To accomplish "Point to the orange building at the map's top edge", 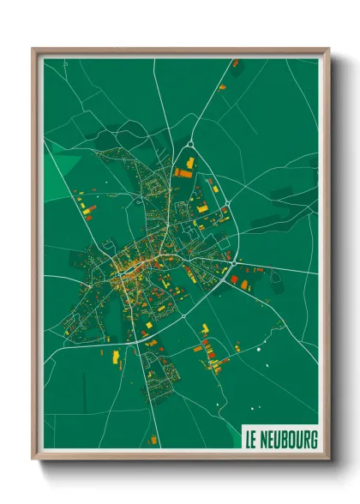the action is click(235, 63).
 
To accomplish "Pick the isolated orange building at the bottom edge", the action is click(154, 440).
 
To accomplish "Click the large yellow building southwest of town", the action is click(116, 356).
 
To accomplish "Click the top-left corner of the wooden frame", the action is click(33, 50).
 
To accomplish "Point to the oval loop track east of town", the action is click(275, 279).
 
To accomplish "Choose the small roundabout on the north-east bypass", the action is click(228, 202).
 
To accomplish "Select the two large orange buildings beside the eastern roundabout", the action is click(245, 281).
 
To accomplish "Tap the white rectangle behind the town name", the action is click(280, 438).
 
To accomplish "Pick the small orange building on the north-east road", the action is click(222, 87).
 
